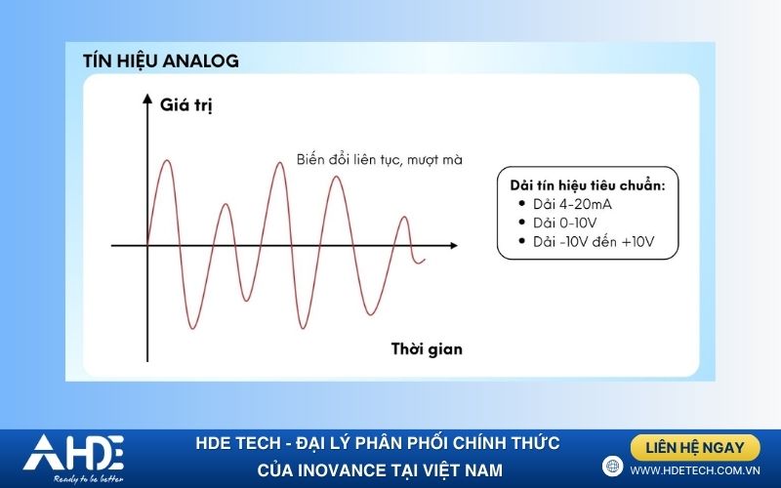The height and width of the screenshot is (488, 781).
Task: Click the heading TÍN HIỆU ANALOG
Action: [161, 61]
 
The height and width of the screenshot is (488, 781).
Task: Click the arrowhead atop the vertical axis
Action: [147, 100]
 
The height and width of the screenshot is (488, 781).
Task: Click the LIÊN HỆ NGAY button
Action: [695, 448]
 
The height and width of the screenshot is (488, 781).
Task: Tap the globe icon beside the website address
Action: [612, 467]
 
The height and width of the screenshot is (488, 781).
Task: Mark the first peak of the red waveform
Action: [166, 161]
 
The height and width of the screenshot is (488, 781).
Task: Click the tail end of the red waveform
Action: [424, 260]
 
